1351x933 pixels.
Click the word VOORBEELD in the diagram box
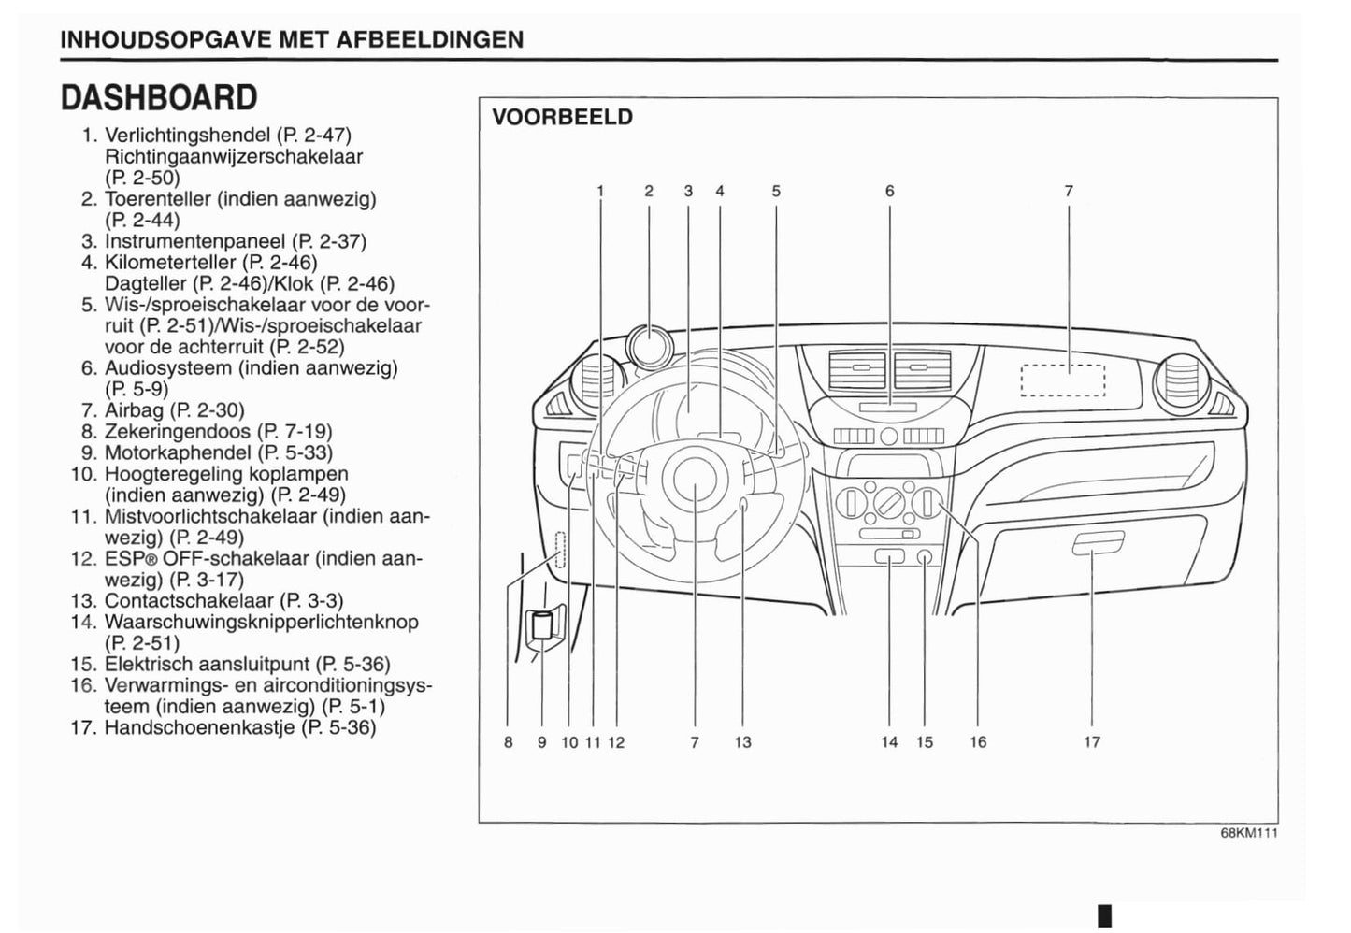pos(562,117)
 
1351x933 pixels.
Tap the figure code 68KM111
pos(1248,834)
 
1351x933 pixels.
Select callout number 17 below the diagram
pos(1092,742)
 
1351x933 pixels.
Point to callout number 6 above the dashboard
pos(889,192)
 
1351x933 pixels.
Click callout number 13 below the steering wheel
pos(742,742)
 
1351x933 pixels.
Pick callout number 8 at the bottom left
pos(508,742)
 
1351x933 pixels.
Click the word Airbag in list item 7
pos(134,410)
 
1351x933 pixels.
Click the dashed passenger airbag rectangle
pos(1063,380)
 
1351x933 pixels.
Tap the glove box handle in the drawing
pos(1099,542)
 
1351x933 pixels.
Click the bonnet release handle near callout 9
pos(542,625)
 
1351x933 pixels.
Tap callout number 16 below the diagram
pos(978,742)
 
